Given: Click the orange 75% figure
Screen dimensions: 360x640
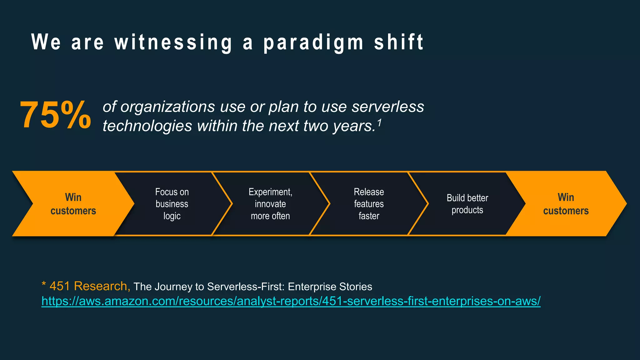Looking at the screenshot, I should pyautogui.click(x=55, y=115).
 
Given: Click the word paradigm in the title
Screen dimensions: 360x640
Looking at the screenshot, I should pyautogui.click(x=313, y=43).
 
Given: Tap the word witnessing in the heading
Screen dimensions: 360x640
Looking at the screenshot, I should pyautogui.click(x=173, y=43).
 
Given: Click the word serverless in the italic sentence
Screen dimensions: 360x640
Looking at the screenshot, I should pyautogui.click(x=387, y=107).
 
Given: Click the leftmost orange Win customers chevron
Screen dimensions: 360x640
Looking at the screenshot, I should pyautogui.click(x=73, y=204).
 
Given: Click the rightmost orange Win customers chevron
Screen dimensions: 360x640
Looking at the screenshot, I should pyautogui.click(x=566, y=204).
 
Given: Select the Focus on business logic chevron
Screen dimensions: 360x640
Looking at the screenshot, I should pyautogui.click(x=172, y=204).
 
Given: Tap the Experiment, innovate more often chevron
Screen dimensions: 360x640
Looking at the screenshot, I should pyautogui.click(x=270, y=204).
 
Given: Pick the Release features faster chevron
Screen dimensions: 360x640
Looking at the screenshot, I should pyautogui.click(x=369, y=204).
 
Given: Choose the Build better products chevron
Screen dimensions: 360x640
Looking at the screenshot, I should pyautogui.click(x=467, y=204).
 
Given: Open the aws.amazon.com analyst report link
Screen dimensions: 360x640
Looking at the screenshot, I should pyautogui.click(x=291, y=301).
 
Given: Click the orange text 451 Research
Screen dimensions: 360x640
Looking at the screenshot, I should pyautogui.click(x=88, y=286).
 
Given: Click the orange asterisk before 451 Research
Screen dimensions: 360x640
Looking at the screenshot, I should pyautogui.click(x=44, y=284).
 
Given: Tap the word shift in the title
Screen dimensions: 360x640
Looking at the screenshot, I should pyautogui.click(x=399, y=43).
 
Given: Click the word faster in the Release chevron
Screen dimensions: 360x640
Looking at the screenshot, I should pyautogui.click(x=369, y=216).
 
